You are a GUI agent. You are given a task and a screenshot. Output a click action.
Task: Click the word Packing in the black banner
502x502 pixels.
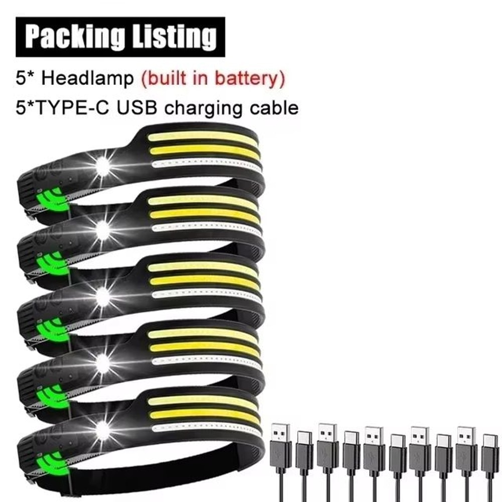74,37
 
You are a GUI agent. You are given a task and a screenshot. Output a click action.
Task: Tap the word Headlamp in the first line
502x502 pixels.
87,78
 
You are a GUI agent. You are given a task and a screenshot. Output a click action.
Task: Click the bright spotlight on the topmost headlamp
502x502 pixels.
102,166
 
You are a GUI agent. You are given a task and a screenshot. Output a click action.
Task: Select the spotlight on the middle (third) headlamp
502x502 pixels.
102,297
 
